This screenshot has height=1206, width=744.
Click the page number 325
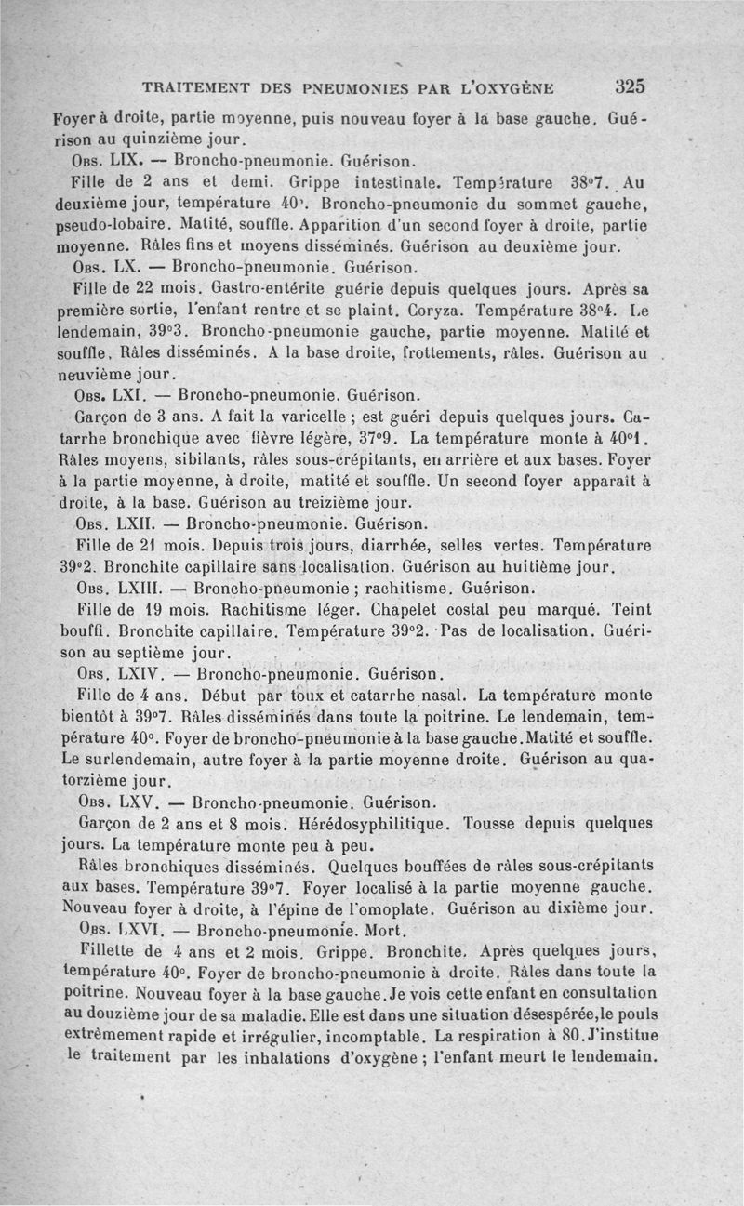(630, 87)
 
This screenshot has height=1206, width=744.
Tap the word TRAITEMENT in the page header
(195, 89)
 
